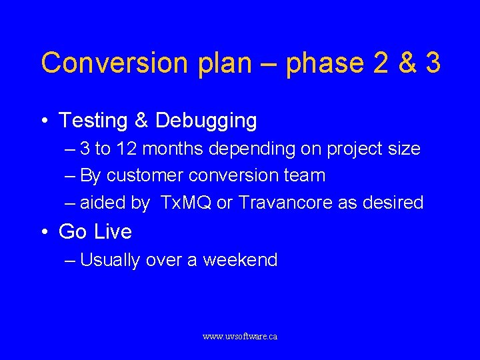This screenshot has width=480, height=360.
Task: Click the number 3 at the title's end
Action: click(432, 63)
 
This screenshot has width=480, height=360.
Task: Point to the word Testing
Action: click(93, 121)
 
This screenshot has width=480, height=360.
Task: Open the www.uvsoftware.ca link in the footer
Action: click(240, 337)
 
